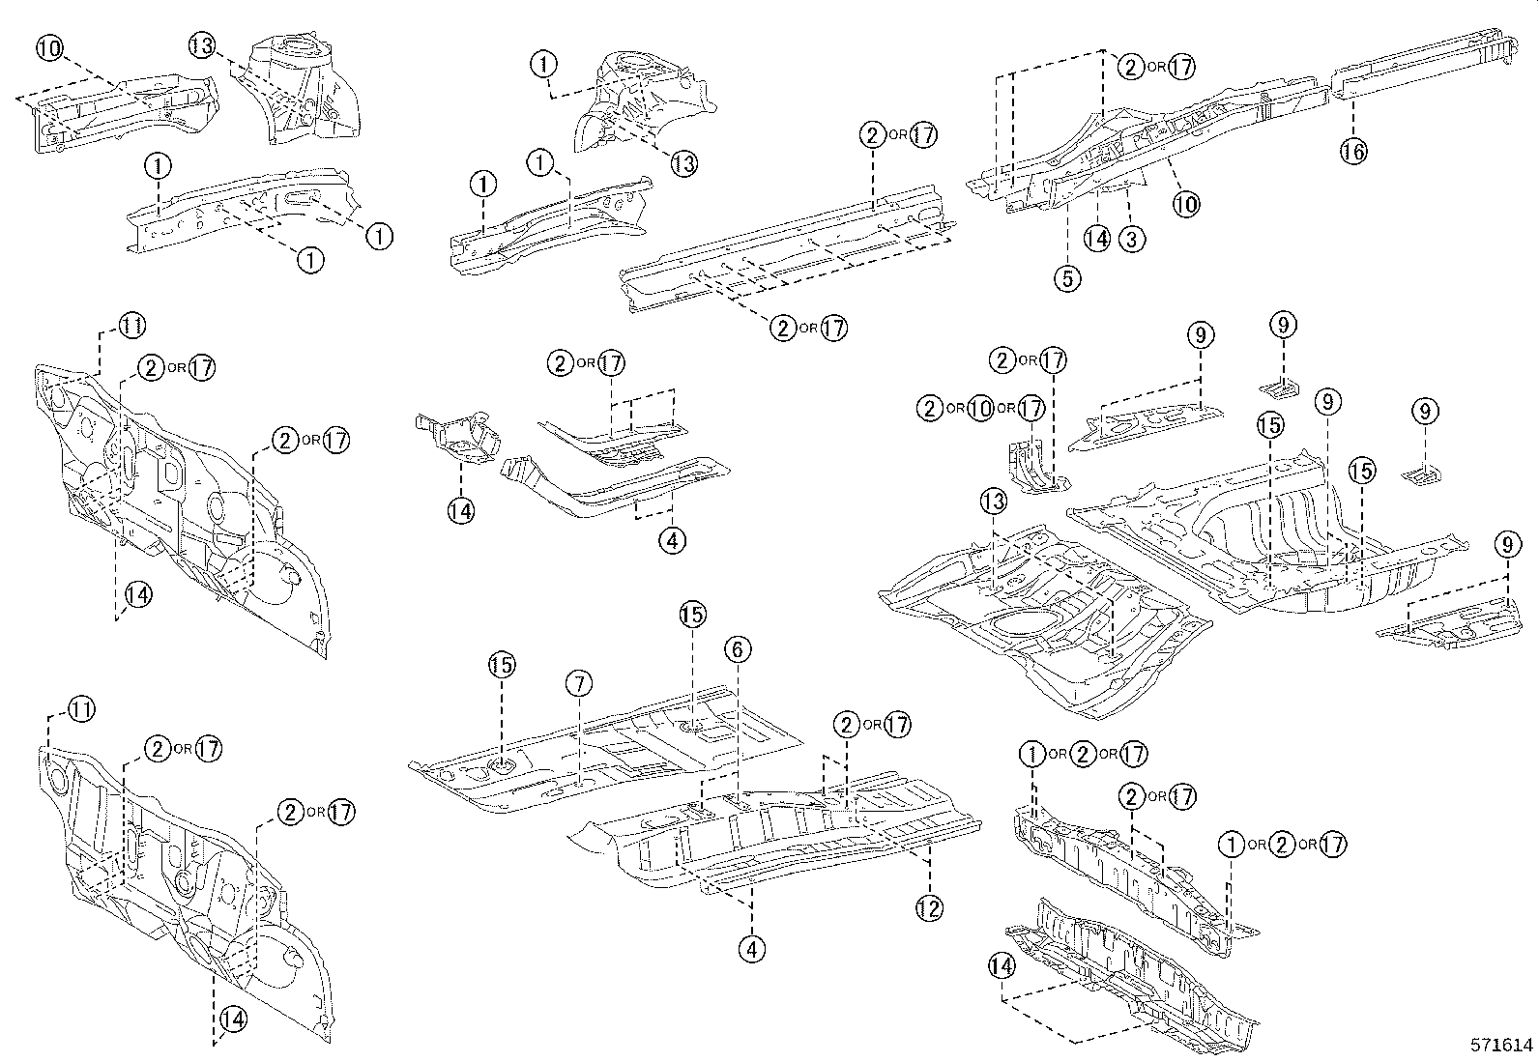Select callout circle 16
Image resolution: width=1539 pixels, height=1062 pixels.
(x=1353, y=150)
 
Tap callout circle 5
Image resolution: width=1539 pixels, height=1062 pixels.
(x=1066, y=278)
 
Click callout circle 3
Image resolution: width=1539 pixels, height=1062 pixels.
(x=1131, y=238)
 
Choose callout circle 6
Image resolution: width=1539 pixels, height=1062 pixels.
(x=737, y=650)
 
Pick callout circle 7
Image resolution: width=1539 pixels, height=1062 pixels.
(x=577, y=684)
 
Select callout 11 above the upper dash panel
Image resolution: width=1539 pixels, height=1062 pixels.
(x=132, y=326)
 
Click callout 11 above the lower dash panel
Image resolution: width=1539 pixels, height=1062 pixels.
(x=81, y=710)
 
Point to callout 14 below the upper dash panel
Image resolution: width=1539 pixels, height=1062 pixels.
(x=136, y=595)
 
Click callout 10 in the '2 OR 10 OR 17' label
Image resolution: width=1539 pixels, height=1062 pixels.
(x=980, y=409)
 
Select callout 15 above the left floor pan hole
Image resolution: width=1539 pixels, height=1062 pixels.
(x=502, y=665)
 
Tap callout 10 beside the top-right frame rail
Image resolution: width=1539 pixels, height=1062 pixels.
(x=1185, y=204)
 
